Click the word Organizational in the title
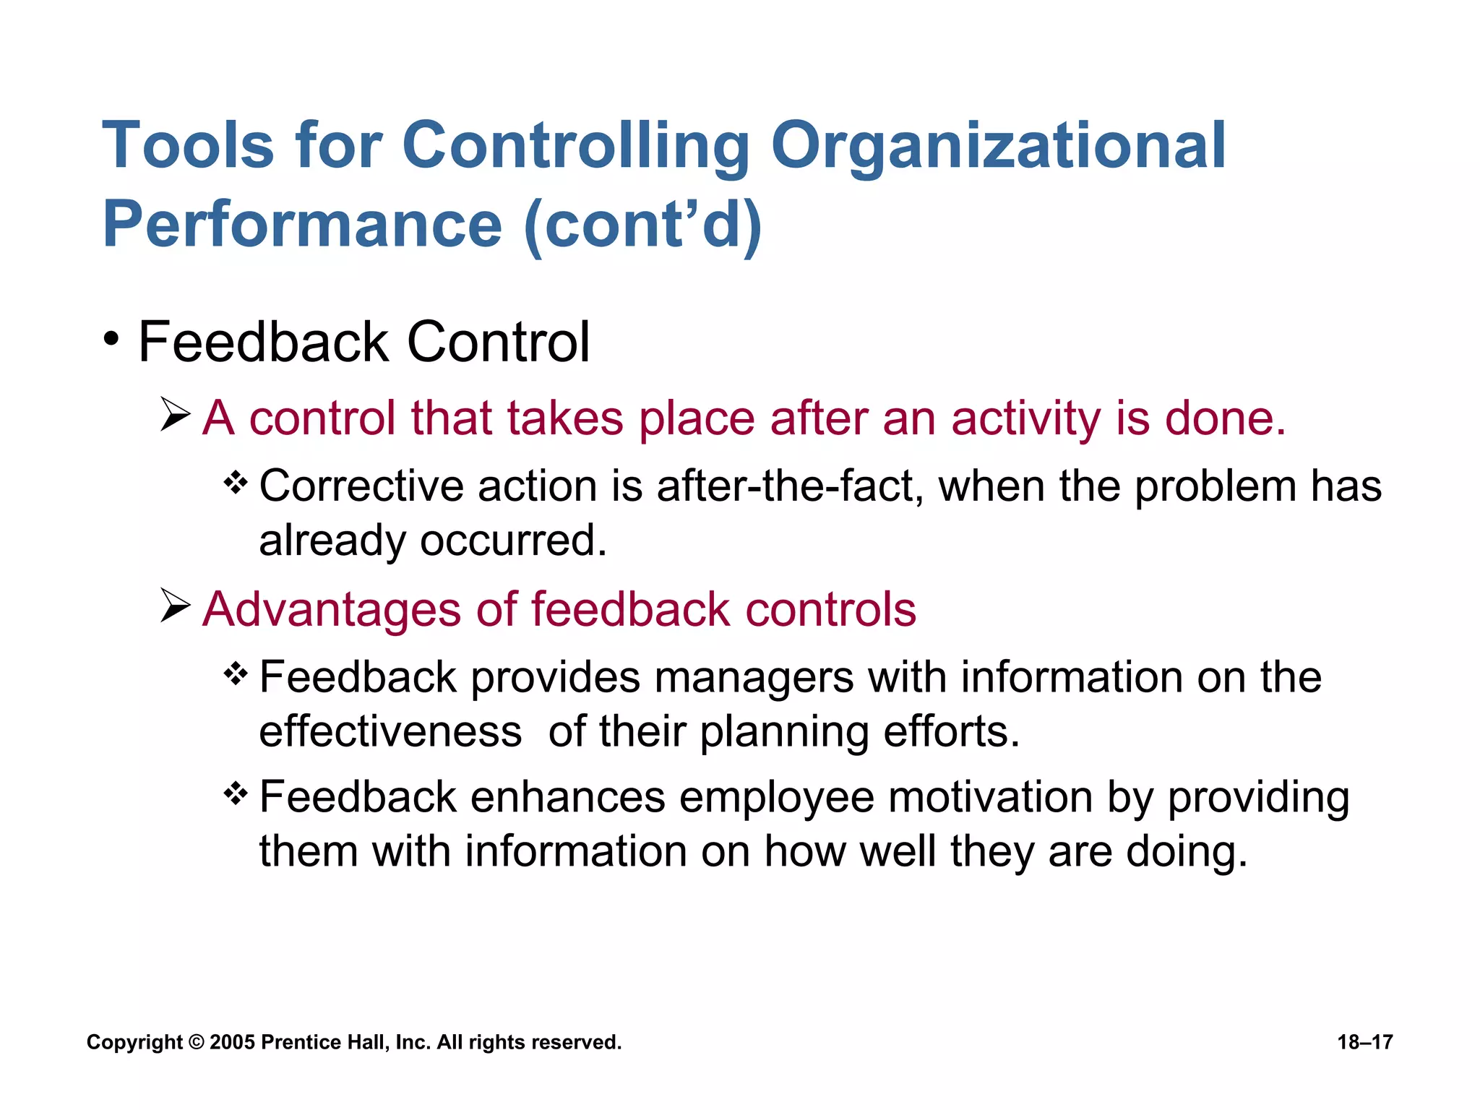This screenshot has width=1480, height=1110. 998,147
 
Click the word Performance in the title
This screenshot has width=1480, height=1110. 302,224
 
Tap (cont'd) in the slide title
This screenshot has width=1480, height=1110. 642,225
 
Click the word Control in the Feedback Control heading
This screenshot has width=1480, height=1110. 498,342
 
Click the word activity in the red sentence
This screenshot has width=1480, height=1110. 1025,419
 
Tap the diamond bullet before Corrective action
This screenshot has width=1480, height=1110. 236,482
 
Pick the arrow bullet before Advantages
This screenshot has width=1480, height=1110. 175,605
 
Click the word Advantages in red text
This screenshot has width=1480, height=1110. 331,609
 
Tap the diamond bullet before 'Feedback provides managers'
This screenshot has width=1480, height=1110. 236,674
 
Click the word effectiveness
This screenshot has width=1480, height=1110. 390,732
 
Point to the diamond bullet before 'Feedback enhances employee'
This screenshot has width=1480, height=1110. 236,794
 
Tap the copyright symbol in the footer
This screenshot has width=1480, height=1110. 196,1042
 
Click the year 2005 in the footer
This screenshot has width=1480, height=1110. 232,1042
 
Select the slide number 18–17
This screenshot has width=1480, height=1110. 1364,1042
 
